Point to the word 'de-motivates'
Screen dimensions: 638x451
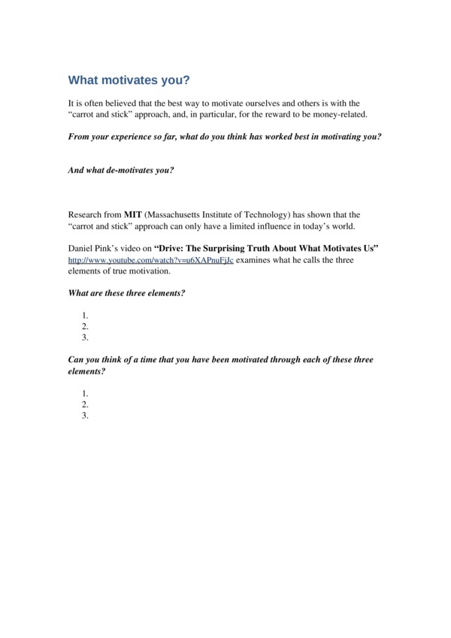click(x=127, y=170)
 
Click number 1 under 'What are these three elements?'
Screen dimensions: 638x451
click(x=86, y=316)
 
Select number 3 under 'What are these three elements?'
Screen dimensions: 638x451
click(x=86, y=337)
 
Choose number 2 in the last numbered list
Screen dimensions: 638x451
click(x=86, y=404)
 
